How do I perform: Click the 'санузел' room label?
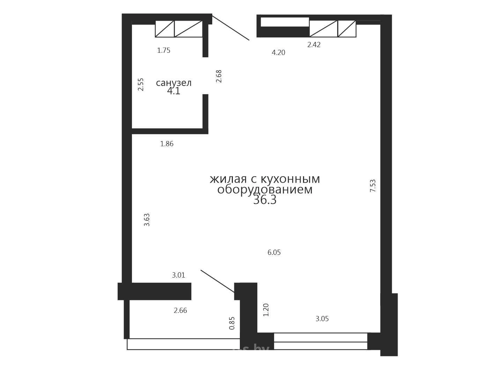pyautogui.click(x=174, y=83)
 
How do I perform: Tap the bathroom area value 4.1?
pyautogui.click(x=174, y=91)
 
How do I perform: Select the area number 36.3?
pyautogui.click(x=265, y=200)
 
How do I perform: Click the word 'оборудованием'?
pyautogui.click(x=265, y=190)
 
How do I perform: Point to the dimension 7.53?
pyautogui.click(x=373, y=186)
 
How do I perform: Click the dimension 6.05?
pyautogui.click(x=274, y=252)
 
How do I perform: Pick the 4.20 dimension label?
pyautogui.click(x=279, y=52)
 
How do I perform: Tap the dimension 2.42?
pyautogui.click(x=314, y=45)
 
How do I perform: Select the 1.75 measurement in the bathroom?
pyautogui.click(x=164, y=50)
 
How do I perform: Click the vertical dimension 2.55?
pyautogui.click(x=141, y=84)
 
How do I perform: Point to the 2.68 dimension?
pyautogui.click(x=219, y=76)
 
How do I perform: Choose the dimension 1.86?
pyautogui.click(x=167, y=144)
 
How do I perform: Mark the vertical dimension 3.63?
pyautogui.click(x=147, y=220)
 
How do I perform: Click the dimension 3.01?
pyautogui.click(x=178, y=275)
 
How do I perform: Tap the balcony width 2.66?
pyautogui.click(x=180, y=310)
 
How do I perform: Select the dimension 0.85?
pyautogui.click(x=232, y=323)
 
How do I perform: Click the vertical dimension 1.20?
pyautogui.click(x=266, y=310)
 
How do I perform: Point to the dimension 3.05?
pyautogui.click(x=322, y=319)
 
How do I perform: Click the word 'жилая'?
pyautogui.click(x=228, y=179)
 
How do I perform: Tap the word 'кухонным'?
pyautogui.click(x=290, y=179)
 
